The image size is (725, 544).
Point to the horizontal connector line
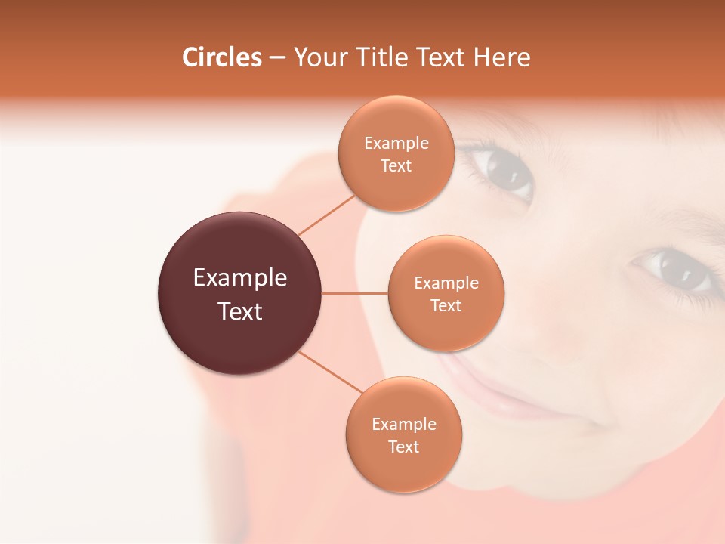(x=355, y=293)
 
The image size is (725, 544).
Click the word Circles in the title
(x=222, y=57)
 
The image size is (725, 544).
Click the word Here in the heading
(x=502, y=57)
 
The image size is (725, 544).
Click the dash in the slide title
(x=277, y=58)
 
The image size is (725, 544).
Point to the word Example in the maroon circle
(x=240, y=277)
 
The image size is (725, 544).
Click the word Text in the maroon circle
(x=240, y=311)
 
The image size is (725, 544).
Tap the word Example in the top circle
(x=396, y=143)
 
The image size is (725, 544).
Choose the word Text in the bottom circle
(x=403, y=447)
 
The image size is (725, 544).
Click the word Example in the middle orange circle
(x=446, y=283)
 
